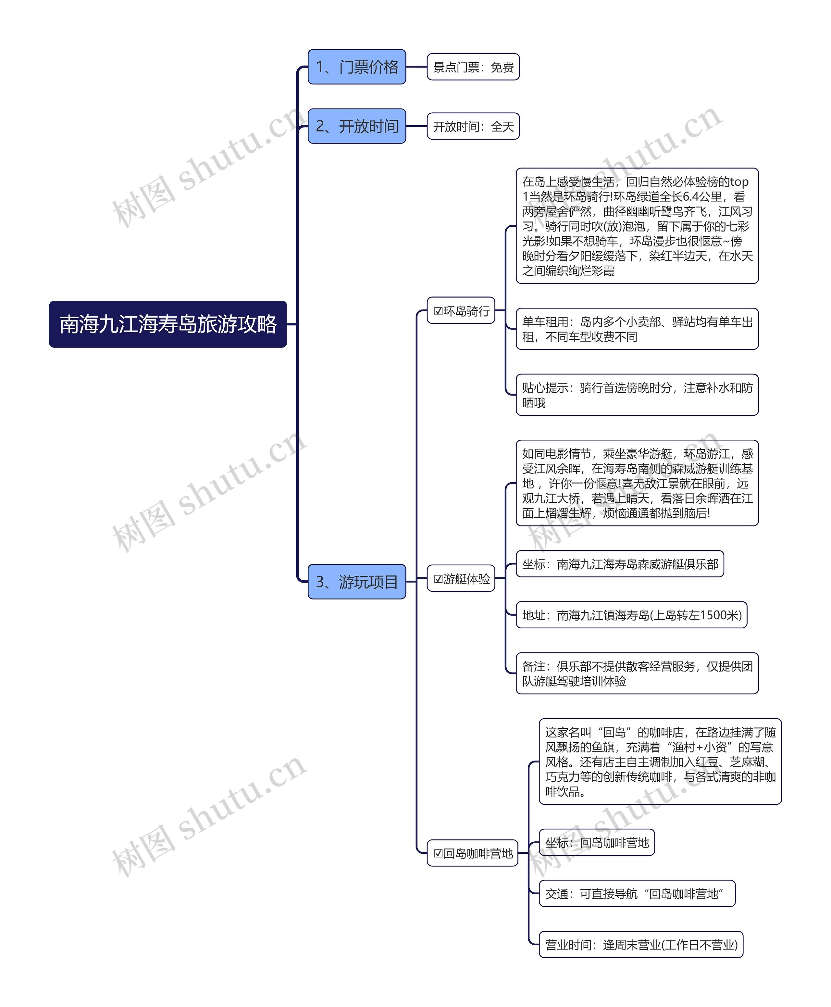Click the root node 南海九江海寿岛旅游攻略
[x=168, y=324]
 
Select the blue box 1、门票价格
[x=357, y=67]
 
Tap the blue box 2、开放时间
[x=357, y=126]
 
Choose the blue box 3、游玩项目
[x=357, y=582]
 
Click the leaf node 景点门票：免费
[x=473, y=67]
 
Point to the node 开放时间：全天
[x=473, y=126]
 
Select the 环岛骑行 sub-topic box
[x=461, y=311]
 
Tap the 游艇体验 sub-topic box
[x=461, y=578]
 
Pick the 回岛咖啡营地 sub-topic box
[x=472, y=853]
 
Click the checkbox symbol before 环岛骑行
[x=438, y=311]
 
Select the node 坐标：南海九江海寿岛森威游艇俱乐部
[x=620, y=564]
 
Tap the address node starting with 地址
[x=631, y=615]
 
